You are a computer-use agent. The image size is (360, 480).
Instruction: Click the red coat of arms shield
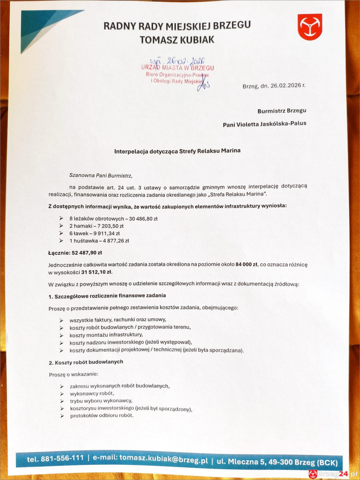(x=310, y=27)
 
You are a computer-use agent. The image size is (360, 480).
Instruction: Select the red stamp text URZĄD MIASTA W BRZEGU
(x=177, y=68)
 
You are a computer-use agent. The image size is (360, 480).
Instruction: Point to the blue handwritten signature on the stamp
(x=204, y=84)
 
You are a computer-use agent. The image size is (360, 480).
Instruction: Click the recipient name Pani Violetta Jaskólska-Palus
(x=264, y=124)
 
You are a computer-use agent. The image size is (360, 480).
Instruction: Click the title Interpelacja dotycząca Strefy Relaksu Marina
(x=178, y=152)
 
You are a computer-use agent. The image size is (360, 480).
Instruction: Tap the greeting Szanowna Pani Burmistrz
(x=100, y=175)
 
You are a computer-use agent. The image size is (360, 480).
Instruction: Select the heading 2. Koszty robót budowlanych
(x=86, y=362)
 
